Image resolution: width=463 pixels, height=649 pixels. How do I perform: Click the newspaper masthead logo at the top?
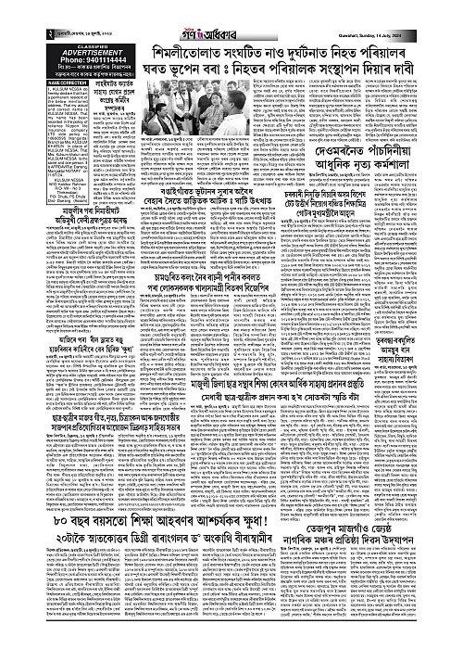232,8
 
